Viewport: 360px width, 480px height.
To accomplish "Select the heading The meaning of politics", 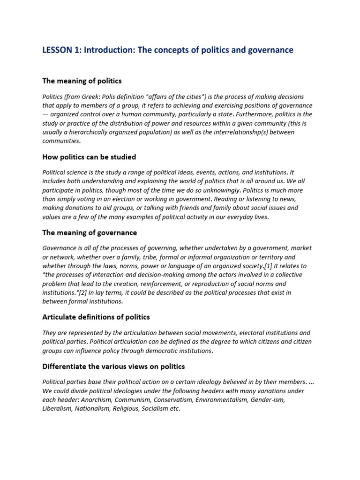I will click(82, 81).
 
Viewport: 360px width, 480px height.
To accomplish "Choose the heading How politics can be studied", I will click(89, 157).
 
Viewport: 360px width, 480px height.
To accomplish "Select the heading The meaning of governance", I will click(90, 232).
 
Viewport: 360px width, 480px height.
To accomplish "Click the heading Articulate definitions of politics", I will click(96, 317).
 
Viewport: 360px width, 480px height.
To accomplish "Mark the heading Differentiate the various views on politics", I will click(113, 367).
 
